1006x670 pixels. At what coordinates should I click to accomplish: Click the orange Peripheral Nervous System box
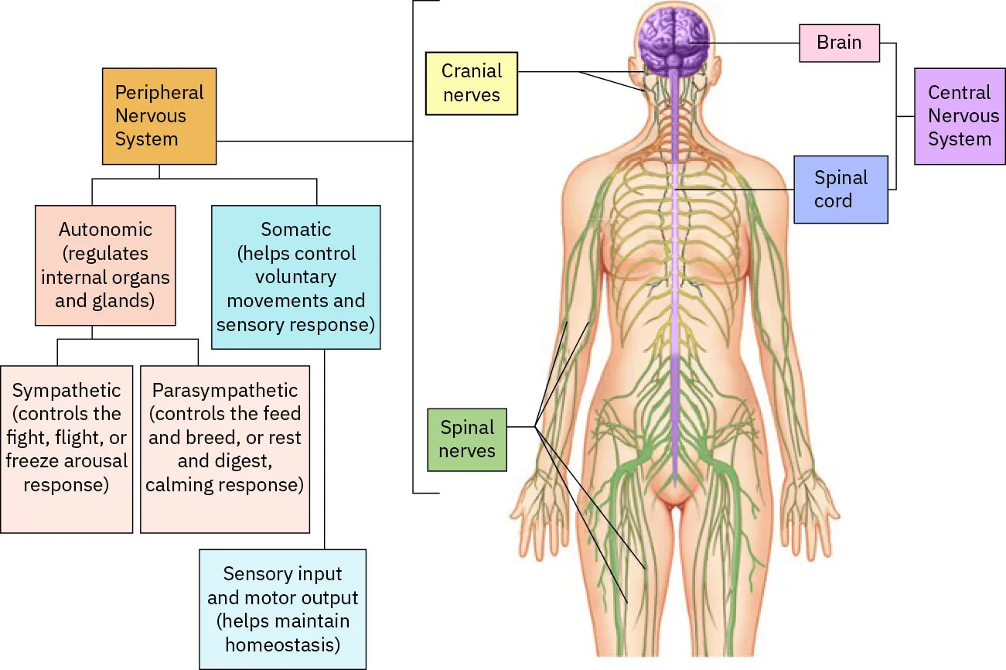pyautogui.click(x=159, y=116)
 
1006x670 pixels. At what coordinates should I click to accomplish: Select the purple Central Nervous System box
pyautogui.click(x=959, y=116)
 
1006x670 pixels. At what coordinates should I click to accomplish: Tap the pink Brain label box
pyautogui.click(x=839, y=42)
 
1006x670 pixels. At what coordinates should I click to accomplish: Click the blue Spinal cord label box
pyautogui.click(x=841, y=190)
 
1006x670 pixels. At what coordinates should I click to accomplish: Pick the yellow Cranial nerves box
pyautogui.click(x=471, y=84)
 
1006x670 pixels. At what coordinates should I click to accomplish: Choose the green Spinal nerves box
pyautogui.click(x=467, y=439)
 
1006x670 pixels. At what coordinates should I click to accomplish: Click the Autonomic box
pyautogui.click(x=105, y=265)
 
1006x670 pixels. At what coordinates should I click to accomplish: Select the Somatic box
pyautogui.click(x=295, y=277)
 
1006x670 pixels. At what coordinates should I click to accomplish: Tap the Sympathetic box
pyautogui.click(x=66, y=449)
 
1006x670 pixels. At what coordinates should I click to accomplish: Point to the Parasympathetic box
pyautogui.click(x=224, y=449)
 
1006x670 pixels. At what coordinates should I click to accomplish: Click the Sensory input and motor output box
pyautogui.click(x=282, y=609)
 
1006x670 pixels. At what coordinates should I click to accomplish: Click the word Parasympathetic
pyautogui.click(x=224, y=391)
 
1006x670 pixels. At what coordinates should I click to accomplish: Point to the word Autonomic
pyautogui.click(x=105, y=230)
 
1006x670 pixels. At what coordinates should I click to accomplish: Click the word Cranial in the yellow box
pyautogui.click(x=471, y=71)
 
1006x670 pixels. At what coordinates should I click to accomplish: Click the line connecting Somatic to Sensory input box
pyautogui.click(x=323, y=449)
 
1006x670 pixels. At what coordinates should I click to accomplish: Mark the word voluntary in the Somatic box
pyautogui.click(x=295, y=277)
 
